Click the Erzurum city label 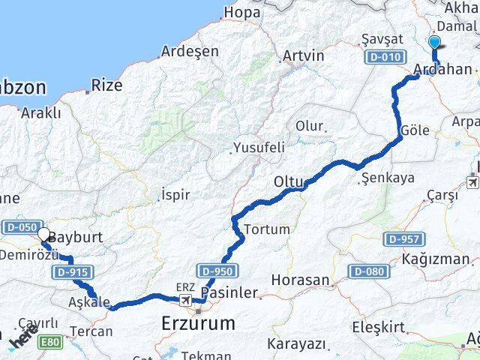click(x=198, y=323)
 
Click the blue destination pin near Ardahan click(x=435, y=43)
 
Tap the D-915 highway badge click(x=73, y=271)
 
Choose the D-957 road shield click(x=404, y=239)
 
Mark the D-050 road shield click(x=19, y=226)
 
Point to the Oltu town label click(x=287, y=181)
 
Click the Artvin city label click(x=303, y=56)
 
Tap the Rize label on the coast click(x=107, y=85)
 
